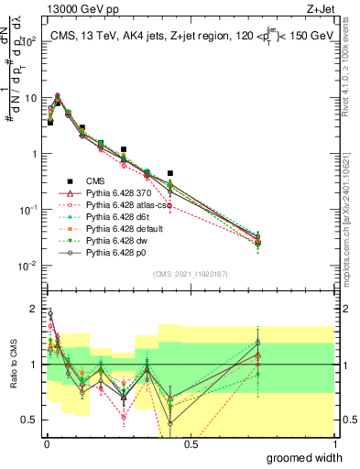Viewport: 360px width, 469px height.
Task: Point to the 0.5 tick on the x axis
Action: (191, 444)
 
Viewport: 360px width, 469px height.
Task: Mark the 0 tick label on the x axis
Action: (46, 444)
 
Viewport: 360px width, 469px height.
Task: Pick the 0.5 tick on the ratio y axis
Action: (33, 420)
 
